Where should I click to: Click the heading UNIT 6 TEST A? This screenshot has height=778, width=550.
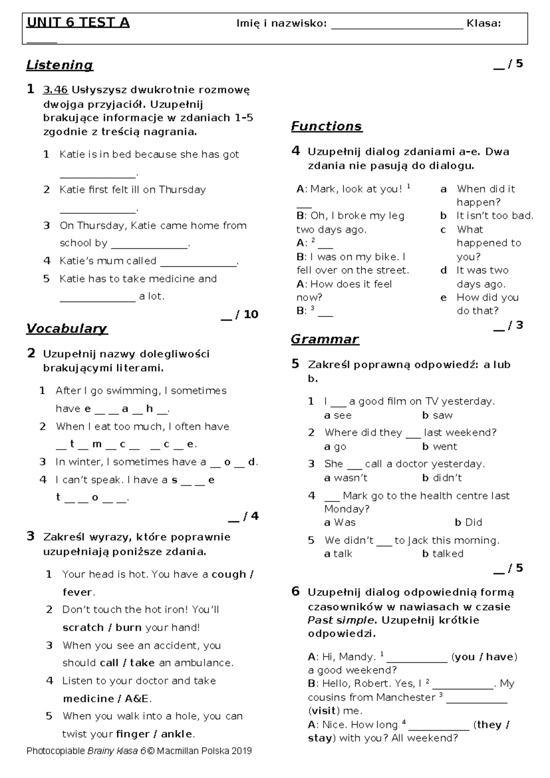78,22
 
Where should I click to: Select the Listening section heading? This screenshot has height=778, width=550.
60,65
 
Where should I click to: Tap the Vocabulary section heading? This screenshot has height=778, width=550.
66,328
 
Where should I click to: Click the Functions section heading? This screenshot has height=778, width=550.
326,126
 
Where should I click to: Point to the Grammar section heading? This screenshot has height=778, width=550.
324,339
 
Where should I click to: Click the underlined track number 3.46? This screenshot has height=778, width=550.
55,90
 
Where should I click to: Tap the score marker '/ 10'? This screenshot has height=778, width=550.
247,314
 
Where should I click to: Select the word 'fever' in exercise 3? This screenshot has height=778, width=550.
77,592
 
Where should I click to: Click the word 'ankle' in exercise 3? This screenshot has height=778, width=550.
176,734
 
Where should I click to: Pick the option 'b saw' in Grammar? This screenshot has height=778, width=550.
437,416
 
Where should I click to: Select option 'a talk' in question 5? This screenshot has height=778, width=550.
338,554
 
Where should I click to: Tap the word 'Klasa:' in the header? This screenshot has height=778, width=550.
483,23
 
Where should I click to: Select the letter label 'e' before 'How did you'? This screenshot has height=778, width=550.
443,298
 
